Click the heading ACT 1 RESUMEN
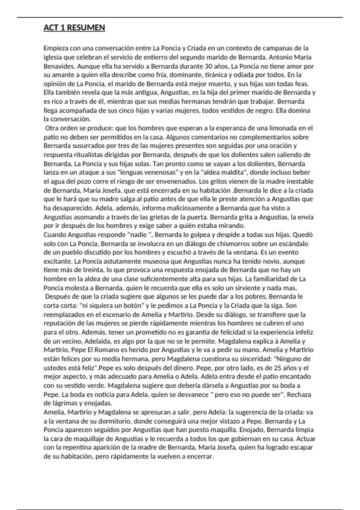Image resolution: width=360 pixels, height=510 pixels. point(74,28)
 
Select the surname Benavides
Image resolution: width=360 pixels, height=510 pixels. point(57,66)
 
